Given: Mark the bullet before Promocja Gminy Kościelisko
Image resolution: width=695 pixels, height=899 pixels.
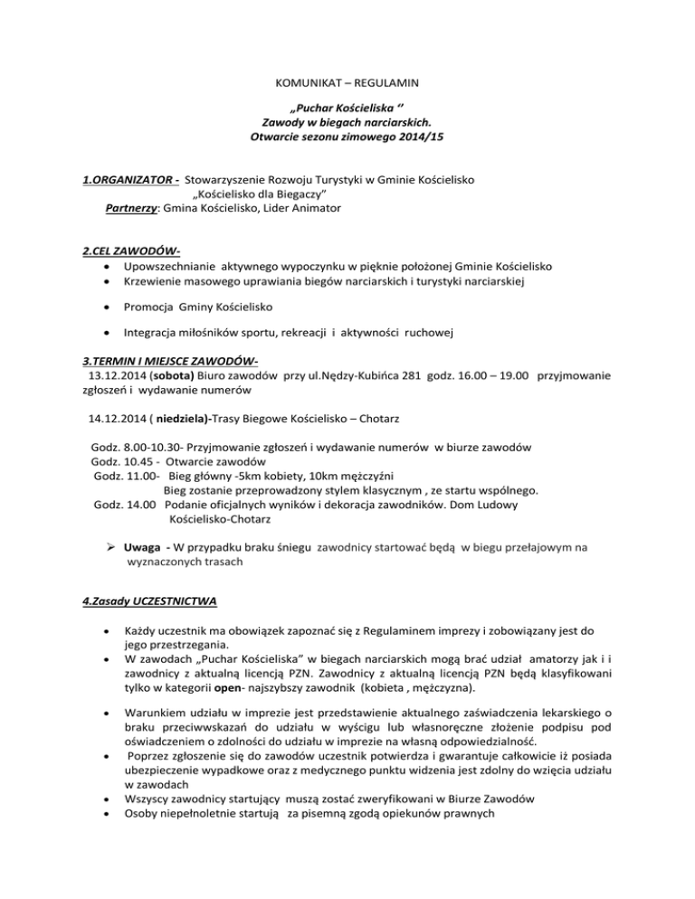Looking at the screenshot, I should click(109, 308).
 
